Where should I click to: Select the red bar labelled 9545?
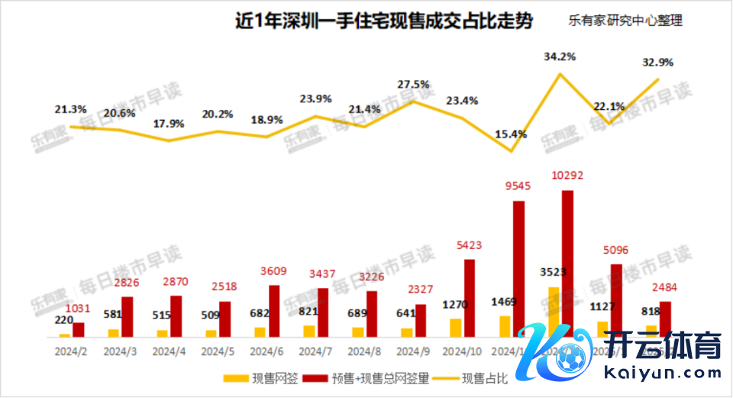pyautogui.click(x=518, y=267)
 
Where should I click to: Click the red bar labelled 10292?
pyautogui.click(x=567, y=264)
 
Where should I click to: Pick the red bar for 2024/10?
pyautogui.click(x=470, y=298)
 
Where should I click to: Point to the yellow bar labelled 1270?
pyautogui.click(x=455, y=328)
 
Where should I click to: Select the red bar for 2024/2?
pyautogui.click(x=79, y=329)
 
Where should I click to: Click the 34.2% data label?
pyautogui.click(x=559, y=57)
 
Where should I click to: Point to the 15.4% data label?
pyautogui.click(x=511, y=134)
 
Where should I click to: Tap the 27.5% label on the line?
pyautogui.click(x=413, y=85)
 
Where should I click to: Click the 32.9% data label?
pyautogui.click(x=658, y=62)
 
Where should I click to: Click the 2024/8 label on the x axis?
pyautogui.click(x=364, y=352)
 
